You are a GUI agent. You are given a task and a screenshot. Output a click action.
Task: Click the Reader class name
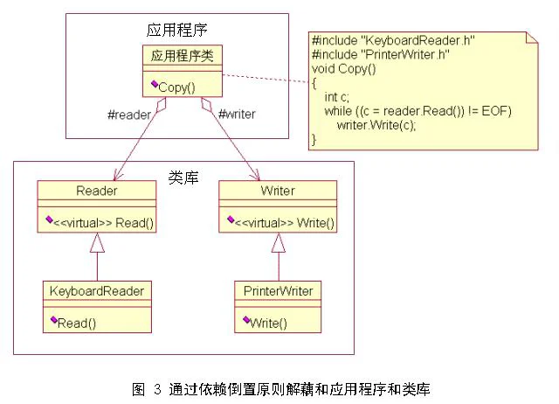click(97, 191)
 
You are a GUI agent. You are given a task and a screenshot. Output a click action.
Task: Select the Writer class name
click(278, 191)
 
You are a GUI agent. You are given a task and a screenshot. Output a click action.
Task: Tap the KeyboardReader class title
click(97, 291)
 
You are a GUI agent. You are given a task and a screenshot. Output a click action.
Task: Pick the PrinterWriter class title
click(278, 291)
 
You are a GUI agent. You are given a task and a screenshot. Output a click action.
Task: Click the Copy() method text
click(176, 87)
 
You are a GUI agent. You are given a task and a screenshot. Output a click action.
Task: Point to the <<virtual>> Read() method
click(103, 223)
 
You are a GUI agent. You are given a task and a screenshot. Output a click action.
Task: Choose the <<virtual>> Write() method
click(285, 223)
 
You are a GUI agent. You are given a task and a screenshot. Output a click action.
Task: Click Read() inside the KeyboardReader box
click(77, 324)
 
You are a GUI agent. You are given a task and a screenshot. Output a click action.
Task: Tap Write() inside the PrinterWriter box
click(268, 324)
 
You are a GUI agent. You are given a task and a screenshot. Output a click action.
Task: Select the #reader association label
click(129, 115)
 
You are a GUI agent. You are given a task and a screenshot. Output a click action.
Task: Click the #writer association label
click(237, 115)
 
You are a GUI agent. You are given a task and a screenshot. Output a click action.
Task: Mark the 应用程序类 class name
click(183, 56)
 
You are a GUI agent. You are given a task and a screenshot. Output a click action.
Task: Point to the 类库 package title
click(183, 178)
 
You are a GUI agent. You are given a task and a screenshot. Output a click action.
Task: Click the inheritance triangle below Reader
click(97, 243)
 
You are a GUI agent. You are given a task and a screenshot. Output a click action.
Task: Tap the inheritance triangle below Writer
click(279, 243)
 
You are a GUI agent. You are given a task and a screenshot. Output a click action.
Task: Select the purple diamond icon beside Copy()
click(155, 84)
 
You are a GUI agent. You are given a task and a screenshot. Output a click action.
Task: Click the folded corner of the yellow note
click(532, 38)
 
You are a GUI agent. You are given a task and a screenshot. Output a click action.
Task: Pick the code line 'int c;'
click(337, 97)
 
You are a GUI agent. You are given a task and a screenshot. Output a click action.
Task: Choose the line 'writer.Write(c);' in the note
click(376, 125)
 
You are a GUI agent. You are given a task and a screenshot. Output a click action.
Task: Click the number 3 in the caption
click(158, 388)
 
